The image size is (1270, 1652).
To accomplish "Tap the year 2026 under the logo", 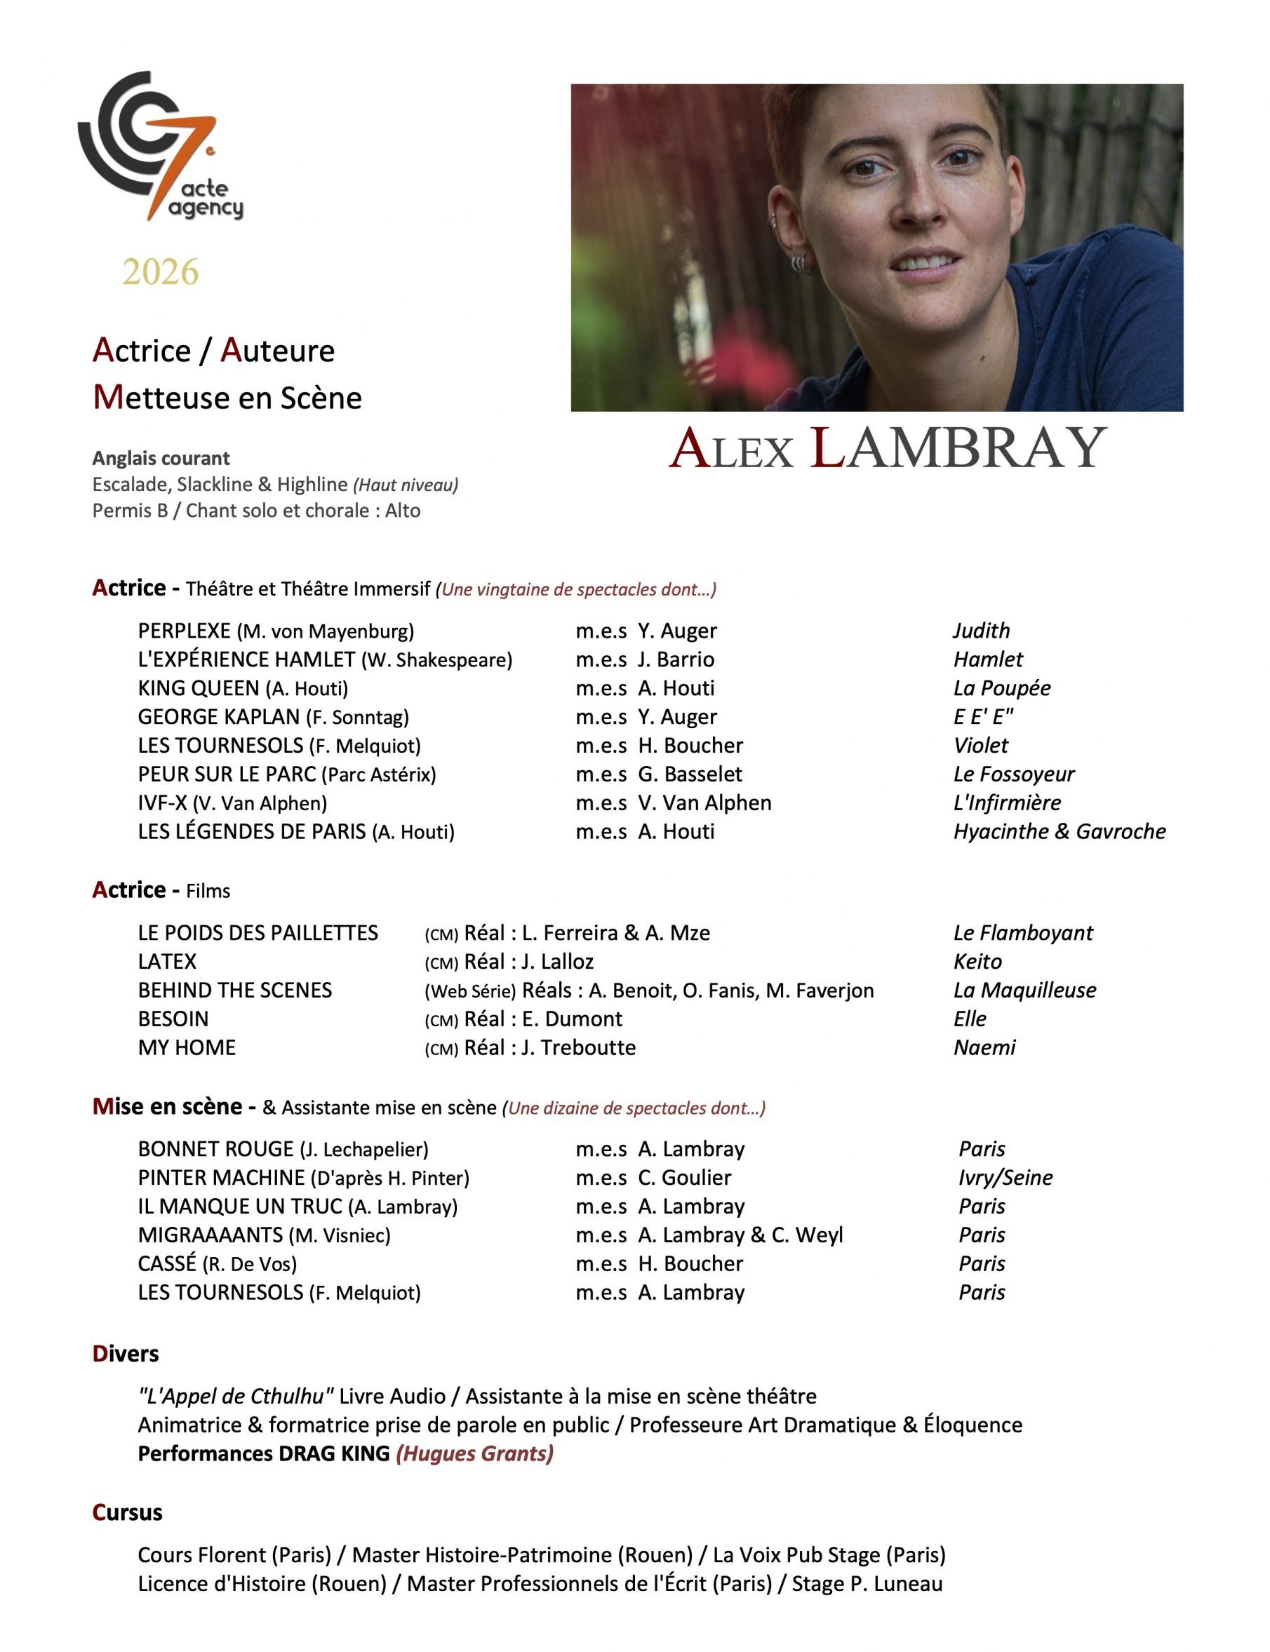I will coord(160,272).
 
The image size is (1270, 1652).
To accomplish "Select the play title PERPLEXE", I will coord(184,631).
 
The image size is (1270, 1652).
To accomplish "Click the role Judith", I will coord(980,631).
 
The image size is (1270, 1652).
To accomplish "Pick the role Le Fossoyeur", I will coord(1013,774).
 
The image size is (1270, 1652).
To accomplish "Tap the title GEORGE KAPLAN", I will coord(218,717).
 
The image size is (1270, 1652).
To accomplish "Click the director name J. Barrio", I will coord(675,659).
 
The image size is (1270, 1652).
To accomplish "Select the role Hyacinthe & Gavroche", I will coord(1059,832).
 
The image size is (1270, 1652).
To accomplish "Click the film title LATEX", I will coord(167,962).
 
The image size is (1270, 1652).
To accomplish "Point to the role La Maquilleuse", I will coord(1024,990).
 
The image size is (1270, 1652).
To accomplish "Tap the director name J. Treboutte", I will coord(578,1048).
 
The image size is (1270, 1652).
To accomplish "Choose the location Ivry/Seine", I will coord(1005,1178).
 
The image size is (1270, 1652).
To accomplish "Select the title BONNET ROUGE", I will coord(215,1150).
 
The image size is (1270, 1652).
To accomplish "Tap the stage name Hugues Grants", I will coord(475,1453).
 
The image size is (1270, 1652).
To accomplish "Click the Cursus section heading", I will coord(127,1512).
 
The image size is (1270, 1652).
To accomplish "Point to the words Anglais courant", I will coord(161,459).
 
